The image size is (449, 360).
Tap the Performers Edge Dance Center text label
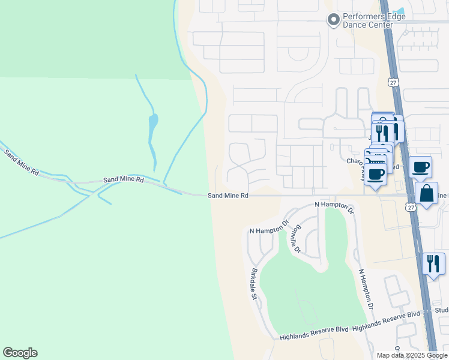pyautogui.click(x=368, y=20)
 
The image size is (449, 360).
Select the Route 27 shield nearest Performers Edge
pyautogui.click(x=393, y=82)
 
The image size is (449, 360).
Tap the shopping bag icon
pyautogui.click(x=426, y=194)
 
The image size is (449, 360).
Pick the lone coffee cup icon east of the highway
pyautogui.click(x=421, y=166)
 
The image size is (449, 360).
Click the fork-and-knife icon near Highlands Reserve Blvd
pyautogui.click(x=433, y=263)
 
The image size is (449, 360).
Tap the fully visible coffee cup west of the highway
pyautogui.click(x=376, y=175)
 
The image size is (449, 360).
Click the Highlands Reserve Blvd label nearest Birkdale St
pyautogui.click(x=314, y=337)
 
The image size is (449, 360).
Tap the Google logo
pyautogui.click(x=20, y=353)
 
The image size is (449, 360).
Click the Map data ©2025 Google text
pyautogui.click(x=411, y=355)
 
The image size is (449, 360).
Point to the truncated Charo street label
pyautogui.click(x=355, y=161)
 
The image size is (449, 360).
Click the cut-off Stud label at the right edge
pyautogui.click(x=441, y=310)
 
